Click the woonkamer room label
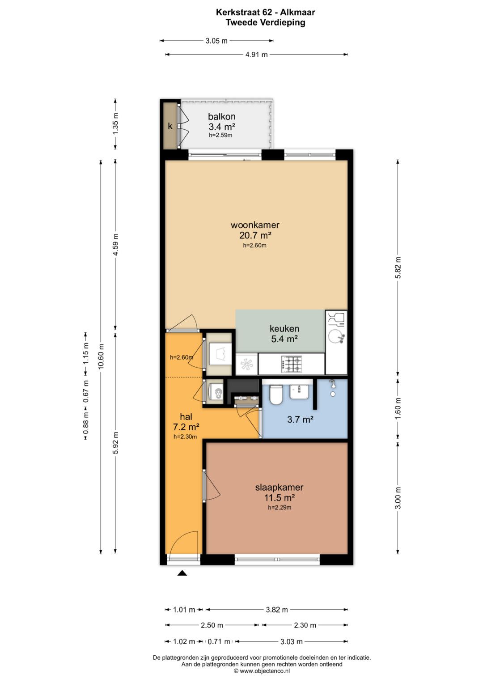[x=255, y=225]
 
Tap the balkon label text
[x=222, y=116]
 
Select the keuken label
[x=284, y=329]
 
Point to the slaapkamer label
[x=280, y=487]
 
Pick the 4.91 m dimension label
[x=256, y=55]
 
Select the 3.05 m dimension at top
[x=216, y=41]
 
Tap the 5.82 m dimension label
[x=398, y=268]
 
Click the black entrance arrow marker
[x=182, y=573]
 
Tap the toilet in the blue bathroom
[x=276, y=395]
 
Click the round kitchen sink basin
[x=335, y=336]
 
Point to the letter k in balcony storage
[x=170, y=126]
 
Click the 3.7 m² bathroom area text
[x=301, y=420]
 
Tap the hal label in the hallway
[x=186, y=416]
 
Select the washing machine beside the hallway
[x=216, y=392]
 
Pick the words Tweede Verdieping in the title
[x=265, y=22]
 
